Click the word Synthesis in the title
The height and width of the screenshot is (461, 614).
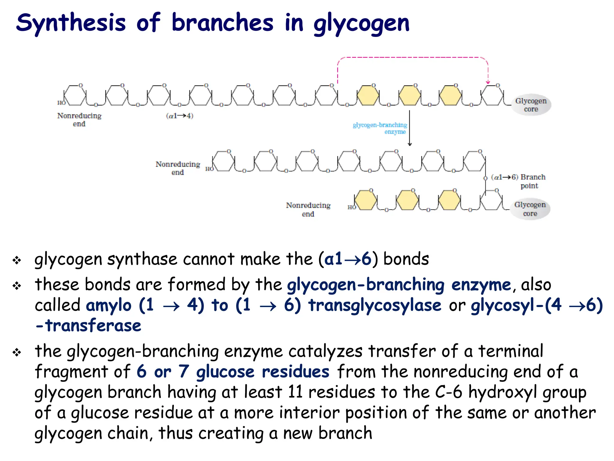pos(71,23)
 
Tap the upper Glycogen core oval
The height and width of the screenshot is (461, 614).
pos(531,105)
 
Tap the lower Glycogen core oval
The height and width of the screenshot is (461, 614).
pos(530,209)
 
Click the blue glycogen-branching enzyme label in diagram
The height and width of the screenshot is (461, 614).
pos(380,128)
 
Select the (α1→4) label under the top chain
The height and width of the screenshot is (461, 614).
pos(180,116)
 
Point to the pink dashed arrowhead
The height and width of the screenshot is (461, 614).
pos(488,82)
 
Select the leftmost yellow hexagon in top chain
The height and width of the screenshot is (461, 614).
pos(368,95)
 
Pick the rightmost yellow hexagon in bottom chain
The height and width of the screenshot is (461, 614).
pos(449,200)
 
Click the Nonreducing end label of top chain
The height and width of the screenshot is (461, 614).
pos(79,120)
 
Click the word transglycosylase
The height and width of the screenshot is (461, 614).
pos(375,305)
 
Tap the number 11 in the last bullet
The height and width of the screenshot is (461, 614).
pos(295,392)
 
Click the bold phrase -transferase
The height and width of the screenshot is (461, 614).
pos(88,325)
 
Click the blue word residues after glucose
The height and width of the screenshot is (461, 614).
pos(295,372)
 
